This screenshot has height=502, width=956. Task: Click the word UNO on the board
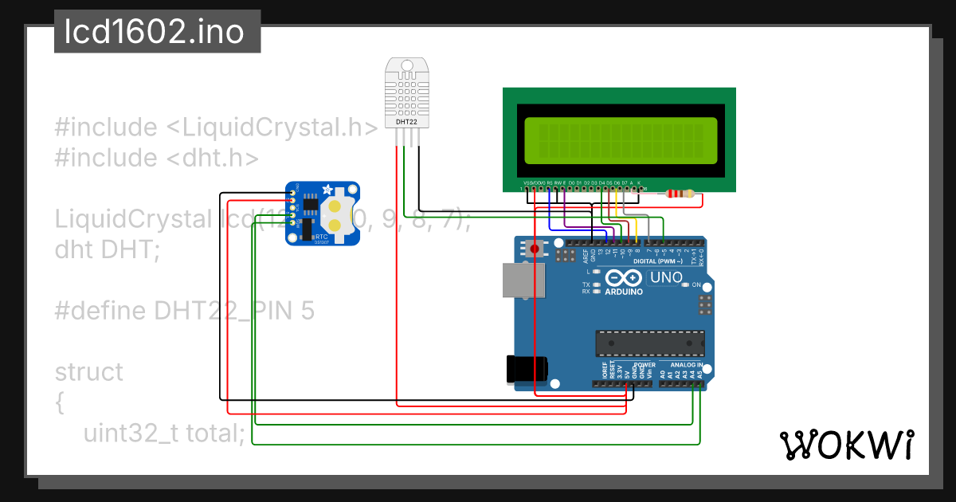point(667,277)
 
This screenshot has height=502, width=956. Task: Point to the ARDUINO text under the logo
point(623,292)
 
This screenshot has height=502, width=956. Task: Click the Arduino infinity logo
point(623,277)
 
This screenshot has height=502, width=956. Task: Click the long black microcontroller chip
point(650,342)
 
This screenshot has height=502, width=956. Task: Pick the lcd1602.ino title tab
point(157,32)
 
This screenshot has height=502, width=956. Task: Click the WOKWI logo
point(846,445)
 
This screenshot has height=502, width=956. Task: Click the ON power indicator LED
point(686,284)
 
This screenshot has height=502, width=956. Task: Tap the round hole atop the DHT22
point(406,65)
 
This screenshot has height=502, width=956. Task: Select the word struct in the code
point(89,372)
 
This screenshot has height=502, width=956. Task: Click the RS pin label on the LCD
point(549,182)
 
